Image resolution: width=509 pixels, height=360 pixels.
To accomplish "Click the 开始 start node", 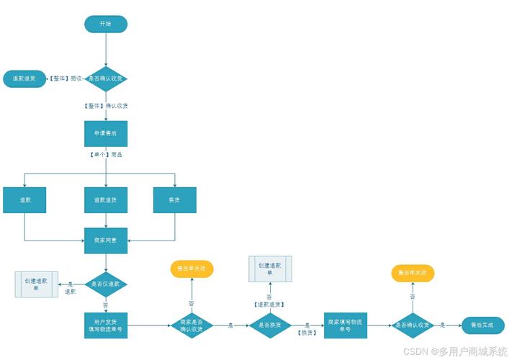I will (x=106, y=24).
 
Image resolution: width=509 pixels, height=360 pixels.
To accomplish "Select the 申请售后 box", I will (x=106, y=133).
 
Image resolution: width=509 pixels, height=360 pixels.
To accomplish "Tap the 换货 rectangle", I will (x=175, y=199).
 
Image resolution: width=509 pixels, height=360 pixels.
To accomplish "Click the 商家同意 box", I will (x=106, y=240).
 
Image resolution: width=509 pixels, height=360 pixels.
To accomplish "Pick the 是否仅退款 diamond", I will (x=106, y=284).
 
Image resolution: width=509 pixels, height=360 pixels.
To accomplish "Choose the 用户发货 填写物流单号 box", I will (x=106, y=325).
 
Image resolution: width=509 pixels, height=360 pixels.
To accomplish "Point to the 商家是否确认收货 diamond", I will (x=192, y=325).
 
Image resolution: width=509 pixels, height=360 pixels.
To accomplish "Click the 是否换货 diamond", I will (x=269, y=325).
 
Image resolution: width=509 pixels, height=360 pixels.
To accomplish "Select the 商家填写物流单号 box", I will (x=345, y=325).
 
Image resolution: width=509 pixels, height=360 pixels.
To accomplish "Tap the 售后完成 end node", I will (x=482, y=325).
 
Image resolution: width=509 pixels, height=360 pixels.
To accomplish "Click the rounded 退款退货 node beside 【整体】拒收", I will (x=24, y=78).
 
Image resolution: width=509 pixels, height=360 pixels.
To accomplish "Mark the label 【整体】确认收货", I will (x=106, y=106).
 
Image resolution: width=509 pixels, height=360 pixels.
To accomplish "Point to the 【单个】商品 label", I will (x=106, y=155).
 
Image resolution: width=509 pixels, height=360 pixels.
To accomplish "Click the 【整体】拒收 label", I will (x=66, y=78).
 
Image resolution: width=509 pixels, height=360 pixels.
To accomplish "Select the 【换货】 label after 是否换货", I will (x=307, y=332).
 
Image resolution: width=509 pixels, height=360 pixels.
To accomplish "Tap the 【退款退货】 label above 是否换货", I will (x=269, y=304).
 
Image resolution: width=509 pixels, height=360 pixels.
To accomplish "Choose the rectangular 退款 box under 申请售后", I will (x=24, y=199).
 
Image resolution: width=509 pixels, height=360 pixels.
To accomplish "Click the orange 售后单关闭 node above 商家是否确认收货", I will (x=192, y=269).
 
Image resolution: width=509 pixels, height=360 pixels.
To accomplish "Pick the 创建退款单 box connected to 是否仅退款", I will (x=36, y=284).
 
